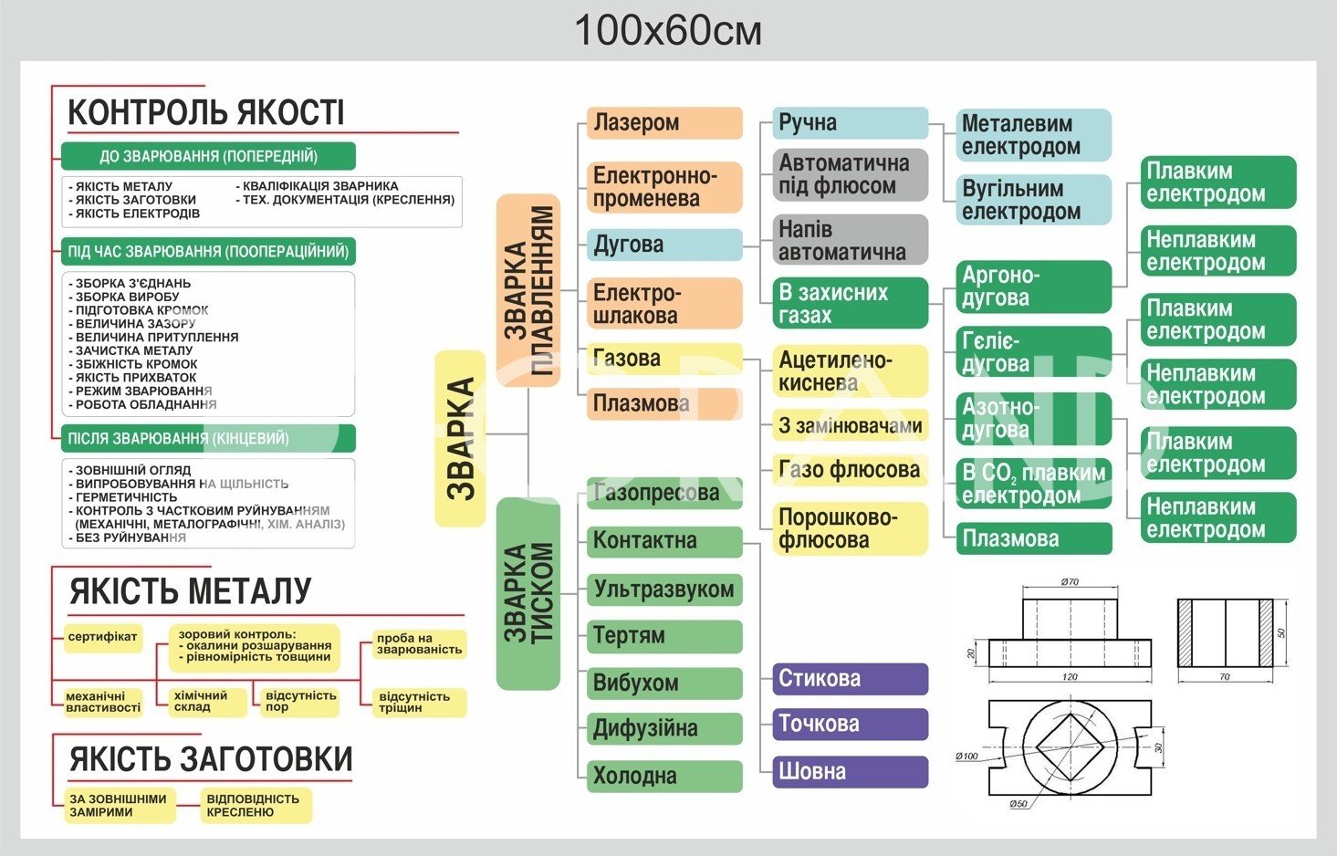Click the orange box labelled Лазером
(x=663, y=123)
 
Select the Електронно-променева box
(x=663, y=187)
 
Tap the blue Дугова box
(x=663, y=245)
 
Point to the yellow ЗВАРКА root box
(x=460, y=439)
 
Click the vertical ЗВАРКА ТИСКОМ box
(x=527, y=593)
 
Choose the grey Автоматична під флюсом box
(x=851, y=175)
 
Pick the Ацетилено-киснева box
(x=851, y=371)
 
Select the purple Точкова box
(x=851, y=725)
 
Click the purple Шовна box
(x=851, y=772)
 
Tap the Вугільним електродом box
(x=1033, y=200)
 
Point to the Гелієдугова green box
(x=1033, y=352)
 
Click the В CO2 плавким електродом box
(x=1033, y=484)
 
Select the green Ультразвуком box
(x=663, y=590)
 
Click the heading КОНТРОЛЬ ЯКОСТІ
(x=206, y=112)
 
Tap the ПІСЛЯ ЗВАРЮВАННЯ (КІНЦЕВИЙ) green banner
(x=208, y=439)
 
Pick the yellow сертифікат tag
(x=102, y=637)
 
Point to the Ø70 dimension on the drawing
(x=1070, y=581)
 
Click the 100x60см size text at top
(x=668, y=31)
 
